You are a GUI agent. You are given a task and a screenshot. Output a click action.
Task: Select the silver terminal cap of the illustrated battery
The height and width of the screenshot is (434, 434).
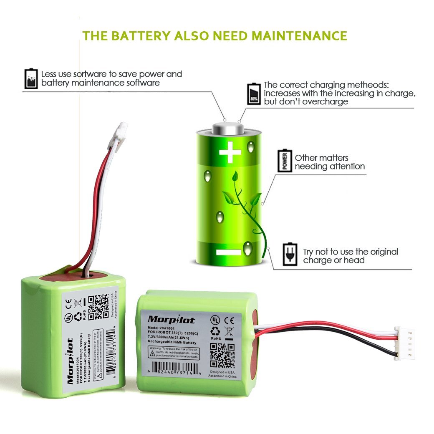[228, 127]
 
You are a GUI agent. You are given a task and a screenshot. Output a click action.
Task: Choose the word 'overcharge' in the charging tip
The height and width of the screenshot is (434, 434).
[327, 102]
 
